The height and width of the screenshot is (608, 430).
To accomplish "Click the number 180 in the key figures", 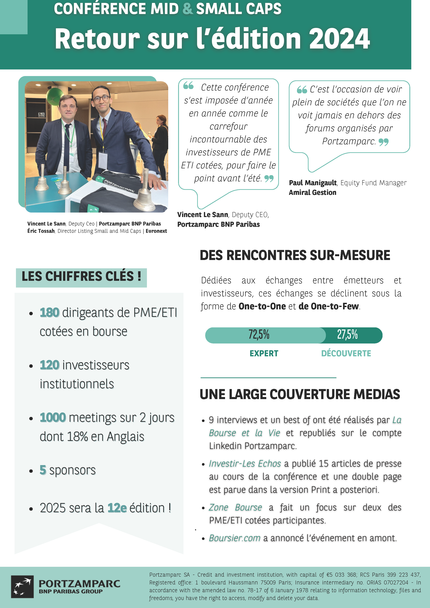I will click(x=50, y=312).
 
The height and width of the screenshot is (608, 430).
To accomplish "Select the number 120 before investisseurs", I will click(x=50, y=365).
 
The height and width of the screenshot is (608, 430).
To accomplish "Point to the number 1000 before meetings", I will click(x=53, y=418).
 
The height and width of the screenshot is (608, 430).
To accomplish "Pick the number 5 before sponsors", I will click(x=43, y=470).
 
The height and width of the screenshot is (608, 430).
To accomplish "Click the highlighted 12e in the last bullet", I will click(x=117, y=508).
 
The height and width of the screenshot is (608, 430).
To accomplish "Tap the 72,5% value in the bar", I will click(x=259, y=335).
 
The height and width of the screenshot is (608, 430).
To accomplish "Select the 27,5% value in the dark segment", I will click(x=347, y=335).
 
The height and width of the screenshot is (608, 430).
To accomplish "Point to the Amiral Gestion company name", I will click(x=312, y=192).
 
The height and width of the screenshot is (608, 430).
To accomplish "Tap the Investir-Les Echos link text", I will click(x=245, y=464).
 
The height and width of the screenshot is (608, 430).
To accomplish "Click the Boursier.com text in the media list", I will click(x=235, y=538).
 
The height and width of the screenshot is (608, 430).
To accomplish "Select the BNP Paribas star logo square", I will click(x=22, y=587).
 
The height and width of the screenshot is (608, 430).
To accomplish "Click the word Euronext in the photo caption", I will click(x=156, y=231).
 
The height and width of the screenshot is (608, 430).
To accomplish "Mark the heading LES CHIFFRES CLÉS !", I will click(x=81, y=276).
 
